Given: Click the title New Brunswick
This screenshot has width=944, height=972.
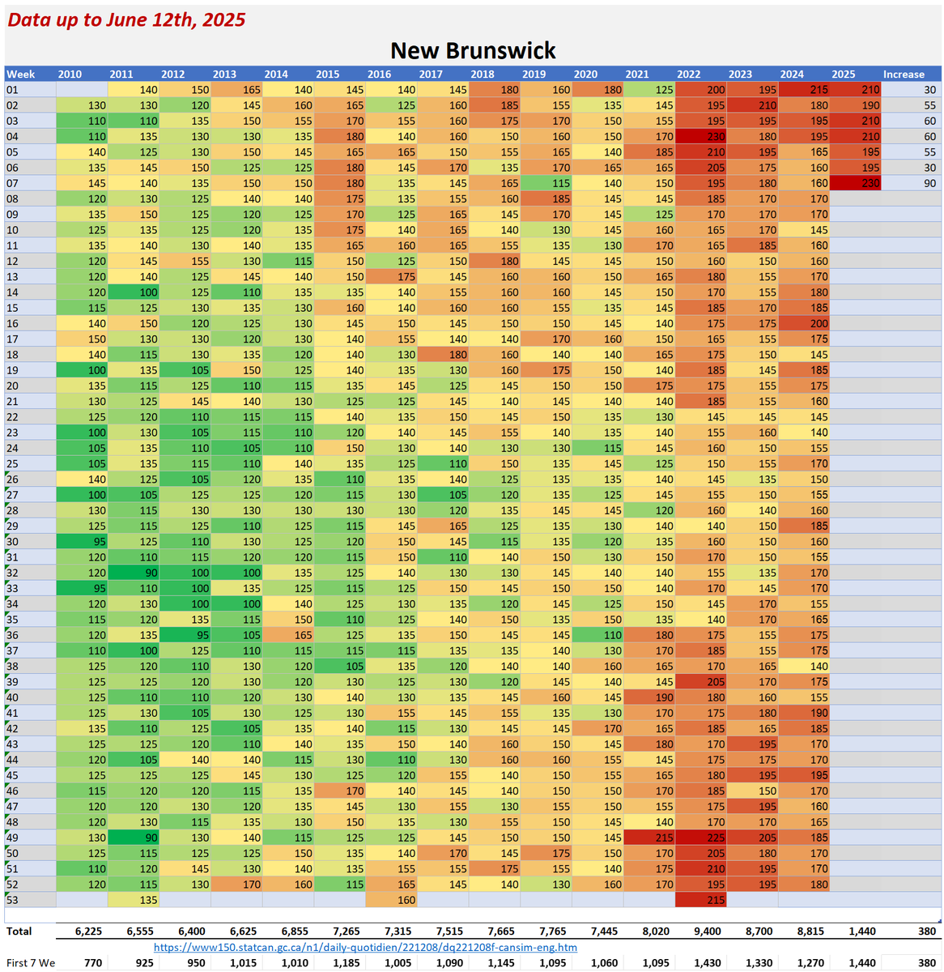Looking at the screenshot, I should point(473,50).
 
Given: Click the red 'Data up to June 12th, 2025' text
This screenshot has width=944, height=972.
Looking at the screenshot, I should point(126,19).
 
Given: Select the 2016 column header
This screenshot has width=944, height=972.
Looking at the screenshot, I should point(379,74).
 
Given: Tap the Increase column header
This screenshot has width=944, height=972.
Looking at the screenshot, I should point(904,74).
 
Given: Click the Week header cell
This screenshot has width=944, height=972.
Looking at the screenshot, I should point(21,74).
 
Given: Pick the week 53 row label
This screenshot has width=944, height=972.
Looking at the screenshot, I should point(12,900).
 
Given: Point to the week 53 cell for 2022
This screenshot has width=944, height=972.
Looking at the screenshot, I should point(701,900).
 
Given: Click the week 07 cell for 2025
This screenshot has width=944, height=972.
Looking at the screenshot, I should point(856,183).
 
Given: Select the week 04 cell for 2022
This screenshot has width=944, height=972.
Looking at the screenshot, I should point(701,136).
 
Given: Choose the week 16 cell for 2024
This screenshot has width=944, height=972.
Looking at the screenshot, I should point(804,323).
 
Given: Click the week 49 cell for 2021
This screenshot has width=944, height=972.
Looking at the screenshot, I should point(649,838).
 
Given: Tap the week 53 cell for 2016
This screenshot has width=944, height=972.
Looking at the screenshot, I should point(392,900).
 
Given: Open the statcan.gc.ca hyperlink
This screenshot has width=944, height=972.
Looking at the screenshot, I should point(365,947).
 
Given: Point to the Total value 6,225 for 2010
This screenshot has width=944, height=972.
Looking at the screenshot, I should point(88,932).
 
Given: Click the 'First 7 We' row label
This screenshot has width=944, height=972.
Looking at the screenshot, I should point(31,963).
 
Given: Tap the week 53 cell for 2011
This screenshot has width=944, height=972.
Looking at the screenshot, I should point(134,900).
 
